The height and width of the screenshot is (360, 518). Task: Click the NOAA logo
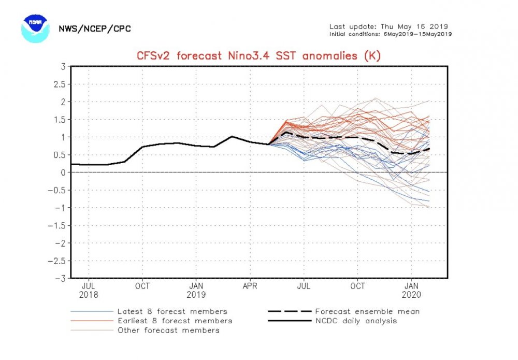[35, 28]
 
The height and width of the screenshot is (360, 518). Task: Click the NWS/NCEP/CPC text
[94, 28]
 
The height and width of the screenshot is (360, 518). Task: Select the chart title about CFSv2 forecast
[258, 55]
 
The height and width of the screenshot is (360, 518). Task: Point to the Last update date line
[388, 26]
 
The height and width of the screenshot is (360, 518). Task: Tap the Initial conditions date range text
[391, 34]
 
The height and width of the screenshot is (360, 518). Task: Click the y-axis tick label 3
[62, 66]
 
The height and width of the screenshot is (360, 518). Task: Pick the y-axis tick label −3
[60, 278]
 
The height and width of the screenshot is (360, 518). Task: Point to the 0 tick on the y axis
[62, 172]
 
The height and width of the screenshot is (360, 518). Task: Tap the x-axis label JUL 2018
[89, 289]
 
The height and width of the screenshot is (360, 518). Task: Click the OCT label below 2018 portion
[142, 285]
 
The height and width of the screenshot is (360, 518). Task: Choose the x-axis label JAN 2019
[196, 289]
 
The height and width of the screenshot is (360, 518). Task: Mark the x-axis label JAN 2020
[412, 289]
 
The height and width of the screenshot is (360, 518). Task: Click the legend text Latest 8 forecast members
[172, 311]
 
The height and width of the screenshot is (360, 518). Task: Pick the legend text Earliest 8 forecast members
[175, 321]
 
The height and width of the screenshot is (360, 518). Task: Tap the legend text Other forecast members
[168, 330]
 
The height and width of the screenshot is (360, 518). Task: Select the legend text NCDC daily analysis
[356, 321]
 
